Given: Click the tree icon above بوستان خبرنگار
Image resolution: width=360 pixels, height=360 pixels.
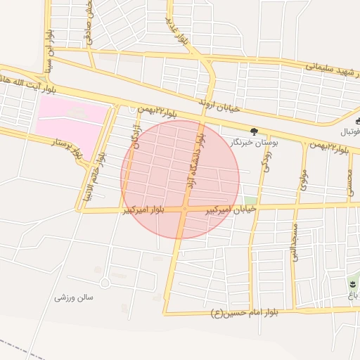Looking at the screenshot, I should [254, 131].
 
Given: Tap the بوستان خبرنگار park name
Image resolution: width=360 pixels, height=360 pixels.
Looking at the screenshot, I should [255, 142].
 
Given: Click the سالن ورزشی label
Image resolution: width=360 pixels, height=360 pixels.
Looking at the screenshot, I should [74, 297].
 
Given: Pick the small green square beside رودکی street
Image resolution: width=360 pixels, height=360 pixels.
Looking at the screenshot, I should [250, 200].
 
